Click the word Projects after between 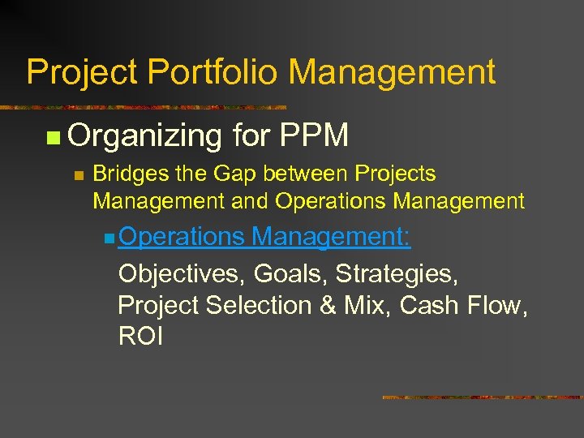pyautogui.click(x=395, y=174)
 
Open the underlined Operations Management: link pyautogui.click(x=264, y=237)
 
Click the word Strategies pyautogui.click(x=397, y=274)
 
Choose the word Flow pyautogui.click(x=497, y=305)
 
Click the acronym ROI pyautogui.click(x=140, y=336)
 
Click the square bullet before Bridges pyautogui.click(x=78, y=175)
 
